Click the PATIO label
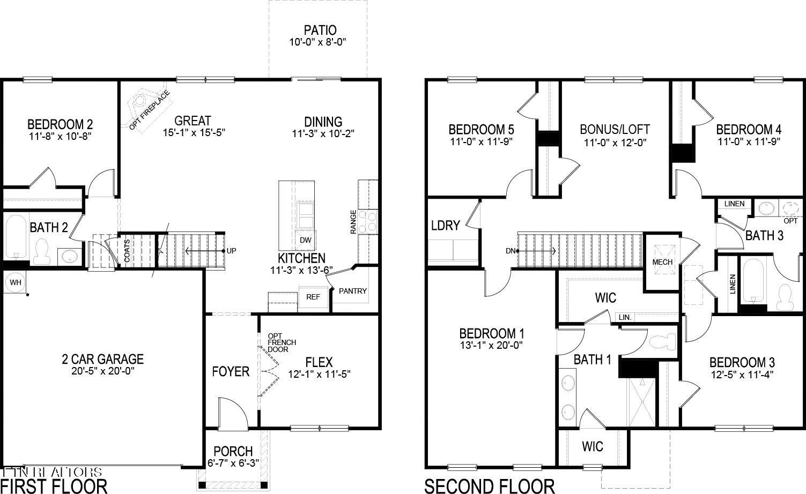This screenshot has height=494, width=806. click(x=320, y=30)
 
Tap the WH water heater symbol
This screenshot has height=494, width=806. click(x=14, y=282)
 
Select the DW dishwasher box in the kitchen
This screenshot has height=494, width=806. click(x=305, y=240)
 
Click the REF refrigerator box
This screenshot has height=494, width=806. click(x=313, y=297)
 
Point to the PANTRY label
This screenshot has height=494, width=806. click(x=353, y=291)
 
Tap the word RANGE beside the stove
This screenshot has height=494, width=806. click(x=353, y=221)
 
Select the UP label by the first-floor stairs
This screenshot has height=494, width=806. click(x=231, y=251)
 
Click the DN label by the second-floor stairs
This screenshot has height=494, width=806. click(x=511, y=251)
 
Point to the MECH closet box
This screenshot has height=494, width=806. click(x=662, y=262)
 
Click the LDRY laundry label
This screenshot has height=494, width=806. click(x=445, y=226)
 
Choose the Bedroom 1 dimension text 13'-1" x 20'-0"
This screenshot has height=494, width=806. click(x=492, y=346)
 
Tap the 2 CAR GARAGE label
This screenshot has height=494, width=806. click(x=102, y=359)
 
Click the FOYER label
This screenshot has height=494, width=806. click(x=231, y=371)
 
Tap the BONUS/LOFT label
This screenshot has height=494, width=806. click(x=615, y=129)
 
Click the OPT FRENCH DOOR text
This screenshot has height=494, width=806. click(x=282, y=342)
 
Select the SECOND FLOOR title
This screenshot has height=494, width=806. click(x=489, y=486)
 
